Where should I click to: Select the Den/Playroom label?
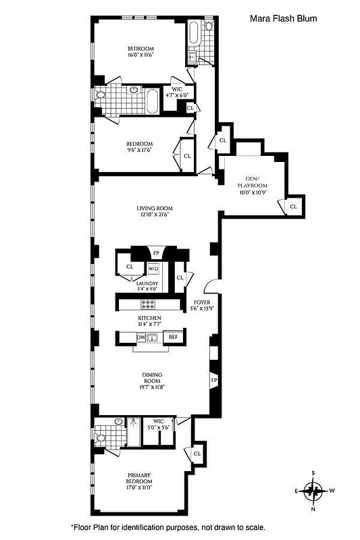pos(252,184)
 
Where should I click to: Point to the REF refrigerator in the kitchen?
pos(173,337)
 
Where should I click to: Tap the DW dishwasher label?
pos(140,337)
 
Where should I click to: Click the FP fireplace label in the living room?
pos(156,254)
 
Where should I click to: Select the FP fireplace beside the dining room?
pos(214,380)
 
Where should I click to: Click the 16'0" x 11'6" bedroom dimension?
pos(140,55)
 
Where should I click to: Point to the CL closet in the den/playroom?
pos(293,206)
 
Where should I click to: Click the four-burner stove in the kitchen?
pos(148,304)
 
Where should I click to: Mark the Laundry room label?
pos(148,286)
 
